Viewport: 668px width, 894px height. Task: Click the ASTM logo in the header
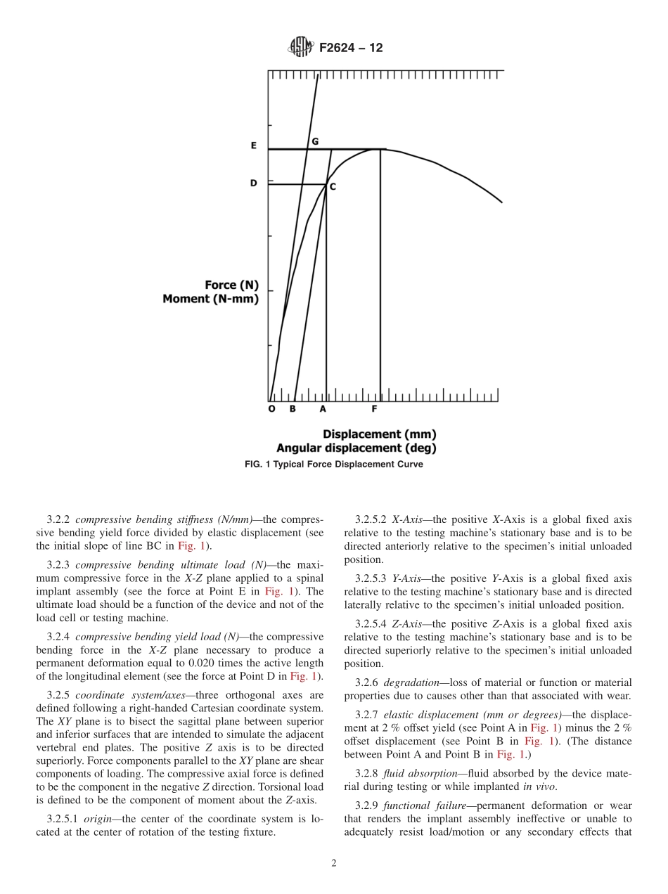(x=300, y=48)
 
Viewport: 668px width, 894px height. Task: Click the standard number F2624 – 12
(x=351, y=48)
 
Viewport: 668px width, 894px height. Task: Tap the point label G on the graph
(x=315, y=141)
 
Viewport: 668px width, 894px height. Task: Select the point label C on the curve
(x=333, y=187)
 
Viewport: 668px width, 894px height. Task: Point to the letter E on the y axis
(x=254, y=146)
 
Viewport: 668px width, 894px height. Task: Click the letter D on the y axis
(x=254, y=183)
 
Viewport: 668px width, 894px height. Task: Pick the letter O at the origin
(x=272, y=409)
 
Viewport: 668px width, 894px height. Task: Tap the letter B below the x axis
(x=293, y=409)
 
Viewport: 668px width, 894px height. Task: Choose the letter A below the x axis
(x=323, y=409)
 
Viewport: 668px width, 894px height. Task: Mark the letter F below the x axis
(x=374, y=409)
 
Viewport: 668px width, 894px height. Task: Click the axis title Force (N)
(x=231, y=285)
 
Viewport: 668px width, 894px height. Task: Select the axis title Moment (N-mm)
(x=210, y=299)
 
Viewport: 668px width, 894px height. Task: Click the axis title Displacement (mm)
(x=379, y=434)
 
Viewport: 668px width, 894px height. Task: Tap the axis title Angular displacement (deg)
(x=356, y=448)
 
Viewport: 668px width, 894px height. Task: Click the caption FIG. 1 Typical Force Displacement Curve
(x=333, y=465)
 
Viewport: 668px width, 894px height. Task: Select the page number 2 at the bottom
(x=334, y=864)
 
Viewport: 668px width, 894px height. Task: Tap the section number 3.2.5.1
(x=63, y=819)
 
